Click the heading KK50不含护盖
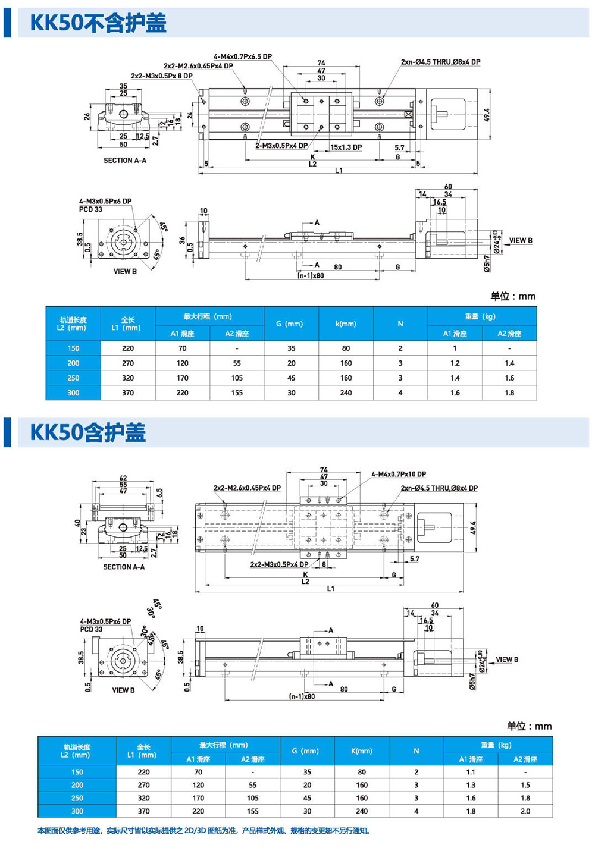98,23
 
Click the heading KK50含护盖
88,433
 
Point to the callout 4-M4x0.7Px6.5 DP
242,56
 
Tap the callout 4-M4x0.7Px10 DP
399,475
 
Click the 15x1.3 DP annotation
346,147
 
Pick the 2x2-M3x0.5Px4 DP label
279,564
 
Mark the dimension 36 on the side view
183,240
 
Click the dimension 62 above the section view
123,478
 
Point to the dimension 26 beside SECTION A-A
87,117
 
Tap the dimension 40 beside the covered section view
77,523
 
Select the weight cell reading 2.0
525,811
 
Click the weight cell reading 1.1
471,772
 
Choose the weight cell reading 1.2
455,363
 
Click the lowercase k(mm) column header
346,324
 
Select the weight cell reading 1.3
471,785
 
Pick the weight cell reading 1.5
525,785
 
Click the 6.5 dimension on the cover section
159,493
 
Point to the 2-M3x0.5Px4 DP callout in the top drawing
281,146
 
